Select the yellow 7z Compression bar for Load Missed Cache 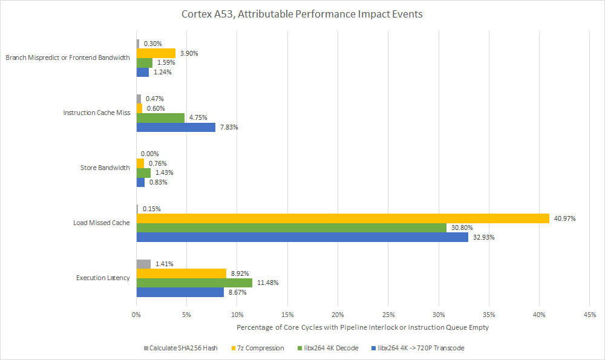[x=342, y=218]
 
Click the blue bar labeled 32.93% [x=302, y=237]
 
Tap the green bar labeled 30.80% [x=291, y=228]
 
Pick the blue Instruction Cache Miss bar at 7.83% [x=175, y=127]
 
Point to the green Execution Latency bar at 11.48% [x=194, y=283]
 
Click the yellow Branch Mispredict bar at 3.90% [x=155, y=53]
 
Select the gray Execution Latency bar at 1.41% [x=143, y=264]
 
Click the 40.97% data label [x=565, y=218]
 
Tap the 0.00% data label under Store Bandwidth [x=149, y=154]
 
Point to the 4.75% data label [x=199, y=118]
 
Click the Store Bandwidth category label [x=105, y=168]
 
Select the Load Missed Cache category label [x=101, y=223]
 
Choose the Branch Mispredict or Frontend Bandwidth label [x=67, y=58]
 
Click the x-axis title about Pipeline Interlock [x=362, y=327]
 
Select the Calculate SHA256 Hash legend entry [x=180, y=348]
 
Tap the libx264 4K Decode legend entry [x=329, y=348]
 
